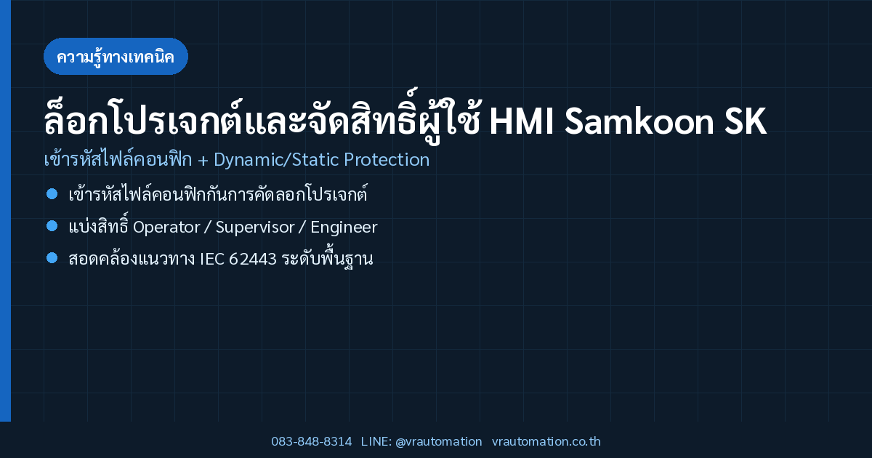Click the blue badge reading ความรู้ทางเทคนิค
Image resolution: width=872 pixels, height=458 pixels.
click(x=116, y=57)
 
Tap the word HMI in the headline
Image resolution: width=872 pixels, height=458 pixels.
click(x=522, y=121)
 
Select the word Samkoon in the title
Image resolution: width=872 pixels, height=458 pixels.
click(x=639, y=121)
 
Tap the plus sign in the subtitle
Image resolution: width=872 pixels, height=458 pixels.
click(x=203, y=161)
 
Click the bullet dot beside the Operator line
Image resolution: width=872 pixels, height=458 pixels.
click(x=52, y=226)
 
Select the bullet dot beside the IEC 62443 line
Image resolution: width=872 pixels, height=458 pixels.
click(x=52, y=258)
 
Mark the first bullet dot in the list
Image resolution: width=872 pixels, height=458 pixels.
click(x=52, y=193)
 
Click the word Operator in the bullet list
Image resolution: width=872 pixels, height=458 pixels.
click(x=166, y=228)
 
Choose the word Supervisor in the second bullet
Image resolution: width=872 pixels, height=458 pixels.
click(x=255, y=228)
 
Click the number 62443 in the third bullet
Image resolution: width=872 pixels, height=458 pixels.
click(x=253, y=260)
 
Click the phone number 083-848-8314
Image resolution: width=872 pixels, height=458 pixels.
click(x=312, y=442)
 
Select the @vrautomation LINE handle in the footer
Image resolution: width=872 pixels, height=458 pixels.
click(x=439, y=442)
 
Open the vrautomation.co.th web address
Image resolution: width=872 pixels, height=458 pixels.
click(x=546, y=442)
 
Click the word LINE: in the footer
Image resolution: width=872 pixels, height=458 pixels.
click(x=376, y=442)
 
